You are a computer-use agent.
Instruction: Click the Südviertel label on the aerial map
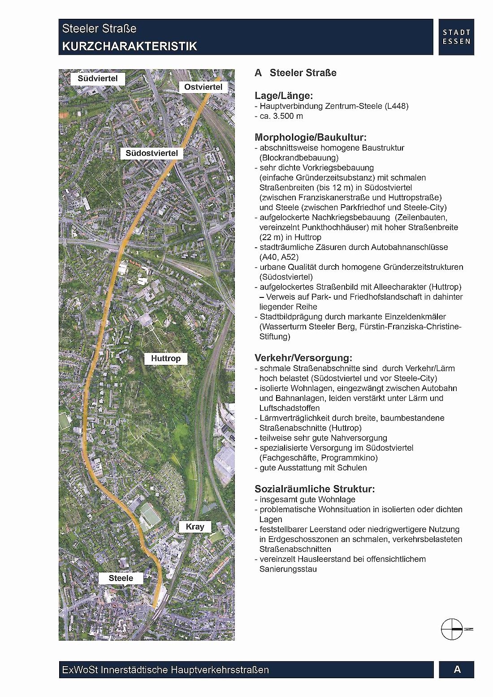pyautogui.click(x=98, y=79)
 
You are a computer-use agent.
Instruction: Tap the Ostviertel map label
pyautogui.click(x=203, y=87)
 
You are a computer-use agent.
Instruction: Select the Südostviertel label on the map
pyautogui.click(x=151, y=153)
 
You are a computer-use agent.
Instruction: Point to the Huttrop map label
pyautogui.click(x=165, y=358)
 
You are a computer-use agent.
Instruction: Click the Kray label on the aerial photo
pyautogui.click(x=195, y=527)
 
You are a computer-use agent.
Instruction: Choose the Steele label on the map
pyautogui.click(x=121, y=578)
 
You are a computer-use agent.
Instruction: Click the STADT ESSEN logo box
pyautogui.click(x=456, y=37)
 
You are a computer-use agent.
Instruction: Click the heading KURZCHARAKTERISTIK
pyautogui.click(x=130, y=46)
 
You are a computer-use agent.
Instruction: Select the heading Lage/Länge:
pyautogui.click(x=284, y=95)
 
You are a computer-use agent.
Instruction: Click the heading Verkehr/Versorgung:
pyautogui.click(x=303, y=358)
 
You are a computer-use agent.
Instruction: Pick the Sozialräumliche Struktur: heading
pyautogui.click(x=315, y=489)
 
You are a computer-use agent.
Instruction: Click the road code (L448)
pyautogui.click(x=396, y=106)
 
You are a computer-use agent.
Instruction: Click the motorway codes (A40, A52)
pyautogui.click(x=279, y=257)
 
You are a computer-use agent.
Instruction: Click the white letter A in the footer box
pyautogui.click(x=457, y=669)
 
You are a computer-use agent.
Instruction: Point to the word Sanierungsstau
pyautogui.click(x=288, y=569)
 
